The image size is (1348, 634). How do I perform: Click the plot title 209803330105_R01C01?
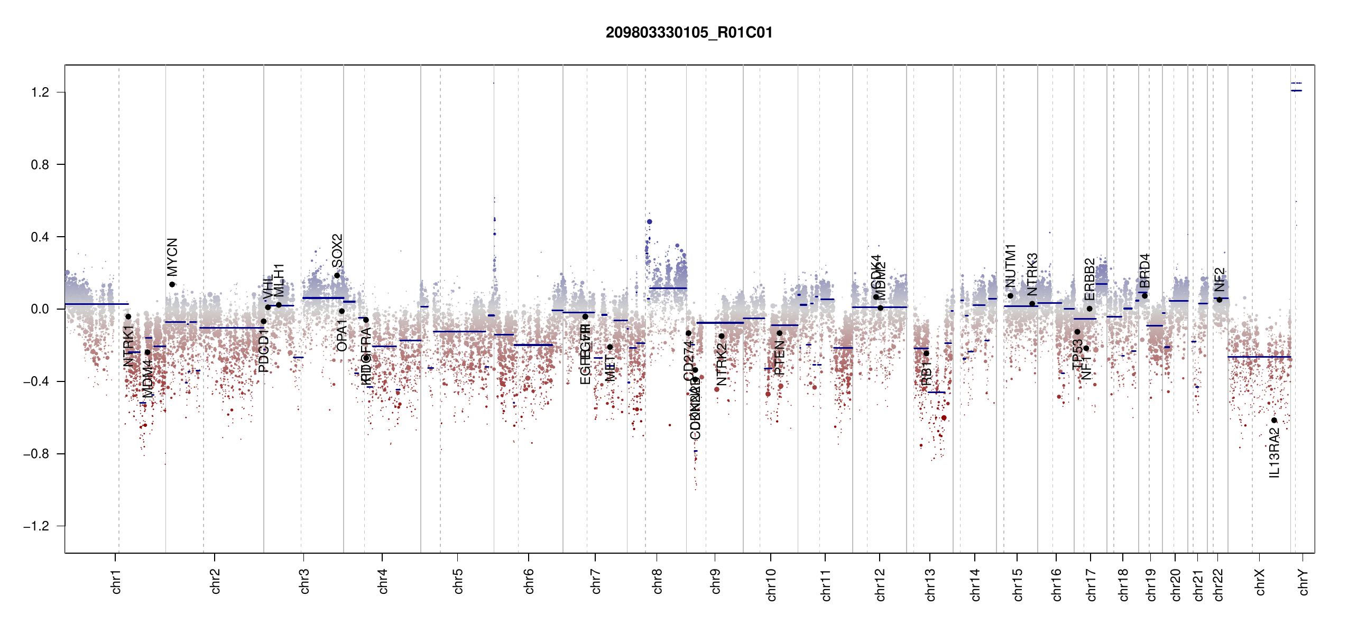689,33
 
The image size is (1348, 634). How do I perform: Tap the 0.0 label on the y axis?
40,309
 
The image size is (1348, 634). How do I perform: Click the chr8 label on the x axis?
657,581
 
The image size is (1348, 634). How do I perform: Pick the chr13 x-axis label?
930,584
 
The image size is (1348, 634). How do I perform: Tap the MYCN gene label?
172,257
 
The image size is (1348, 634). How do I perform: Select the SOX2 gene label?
337,251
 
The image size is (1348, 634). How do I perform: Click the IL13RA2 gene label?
1275,453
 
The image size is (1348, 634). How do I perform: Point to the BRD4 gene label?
1144,271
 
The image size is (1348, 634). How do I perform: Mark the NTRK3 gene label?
1032,274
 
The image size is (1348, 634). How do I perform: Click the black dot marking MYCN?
172,285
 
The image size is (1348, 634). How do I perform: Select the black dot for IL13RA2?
1274,421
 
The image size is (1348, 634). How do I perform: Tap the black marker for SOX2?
337,276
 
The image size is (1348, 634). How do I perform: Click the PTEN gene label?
779,358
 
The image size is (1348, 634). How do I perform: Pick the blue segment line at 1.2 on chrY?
1296,91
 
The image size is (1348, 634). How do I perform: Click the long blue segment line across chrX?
1259,357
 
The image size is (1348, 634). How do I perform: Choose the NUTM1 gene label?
1011,266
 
